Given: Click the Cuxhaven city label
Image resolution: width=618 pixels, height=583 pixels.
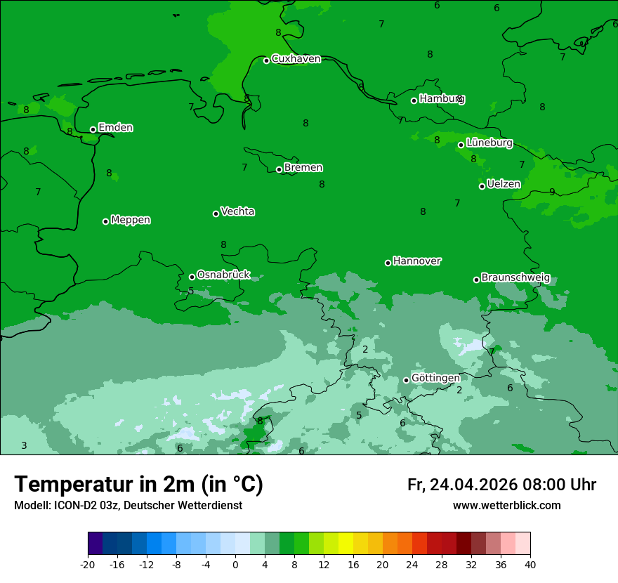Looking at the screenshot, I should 296,59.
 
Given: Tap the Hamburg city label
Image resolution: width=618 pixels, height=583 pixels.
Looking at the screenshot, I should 442,99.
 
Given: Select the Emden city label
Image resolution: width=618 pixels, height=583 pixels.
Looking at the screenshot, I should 115,128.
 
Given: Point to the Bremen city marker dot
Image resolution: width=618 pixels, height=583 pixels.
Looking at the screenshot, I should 279,169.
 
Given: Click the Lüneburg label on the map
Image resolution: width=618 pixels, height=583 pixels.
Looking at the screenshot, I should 489,143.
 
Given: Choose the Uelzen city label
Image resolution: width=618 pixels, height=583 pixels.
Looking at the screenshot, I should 504,185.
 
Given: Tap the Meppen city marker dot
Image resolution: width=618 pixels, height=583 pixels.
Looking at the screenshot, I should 105,221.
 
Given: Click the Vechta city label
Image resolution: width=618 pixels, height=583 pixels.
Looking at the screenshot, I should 237,212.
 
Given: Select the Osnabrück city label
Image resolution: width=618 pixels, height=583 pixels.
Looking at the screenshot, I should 223,275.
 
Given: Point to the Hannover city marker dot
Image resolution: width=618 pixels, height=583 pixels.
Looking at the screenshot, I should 388,263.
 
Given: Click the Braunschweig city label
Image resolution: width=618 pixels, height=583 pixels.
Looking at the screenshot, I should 515,278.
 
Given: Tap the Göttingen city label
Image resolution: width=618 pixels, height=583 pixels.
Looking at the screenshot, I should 435,379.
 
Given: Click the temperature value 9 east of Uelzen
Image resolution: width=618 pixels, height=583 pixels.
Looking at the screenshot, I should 552,192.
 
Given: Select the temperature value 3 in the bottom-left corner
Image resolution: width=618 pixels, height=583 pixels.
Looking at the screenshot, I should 24,446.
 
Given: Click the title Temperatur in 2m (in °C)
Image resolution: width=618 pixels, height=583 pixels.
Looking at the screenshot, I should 138,485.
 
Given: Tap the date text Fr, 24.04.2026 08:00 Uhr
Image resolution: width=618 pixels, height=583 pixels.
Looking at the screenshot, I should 501,485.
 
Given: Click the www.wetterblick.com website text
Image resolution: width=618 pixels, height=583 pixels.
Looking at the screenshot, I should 506,506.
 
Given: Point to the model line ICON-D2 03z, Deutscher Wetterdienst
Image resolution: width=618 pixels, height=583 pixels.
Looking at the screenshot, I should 128,506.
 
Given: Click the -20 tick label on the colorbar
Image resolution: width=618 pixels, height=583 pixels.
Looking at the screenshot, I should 88,564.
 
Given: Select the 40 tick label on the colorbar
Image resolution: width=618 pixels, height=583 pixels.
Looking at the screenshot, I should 530,564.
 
